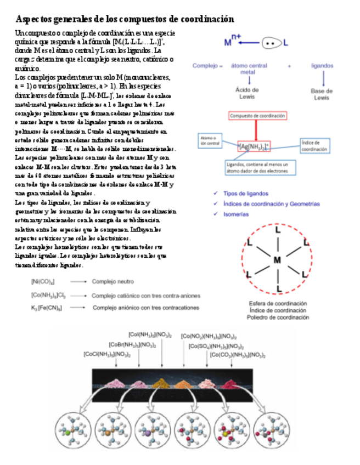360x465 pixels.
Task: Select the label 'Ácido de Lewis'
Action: (248, 93)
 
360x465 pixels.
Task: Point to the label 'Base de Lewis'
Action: (322, 94)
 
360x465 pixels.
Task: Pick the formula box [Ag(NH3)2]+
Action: (255, 147)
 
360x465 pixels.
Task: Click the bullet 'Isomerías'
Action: (235, 214)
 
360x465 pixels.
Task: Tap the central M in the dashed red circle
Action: (277, 259)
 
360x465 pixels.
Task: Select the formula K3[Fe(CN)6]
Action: (46, 308)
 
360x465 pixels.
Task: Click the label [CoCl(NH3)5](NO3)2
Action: (107, 354)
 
